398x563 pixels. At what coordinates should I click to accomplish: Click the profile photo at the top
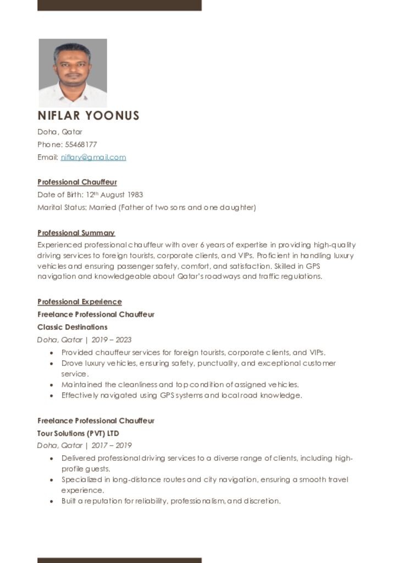(73, 73)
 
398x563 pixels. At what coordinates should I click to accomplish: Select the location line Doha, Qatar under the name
(60, 132)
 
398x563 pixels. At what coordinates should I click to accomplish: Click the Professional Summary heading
(76, 233)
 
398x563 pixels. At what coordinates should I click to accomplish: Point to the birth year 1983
(135, 195)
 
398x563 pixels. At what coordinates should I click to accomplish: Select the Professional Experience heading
(79, 302)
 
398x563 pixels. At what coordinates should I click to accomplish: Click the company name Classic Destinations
(72, 327)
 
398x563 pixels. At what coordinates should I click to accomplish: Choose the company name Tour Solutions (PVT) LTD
(78, 433)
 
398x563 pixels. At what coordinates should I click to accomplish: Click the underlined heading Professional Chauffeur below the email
(77, 182)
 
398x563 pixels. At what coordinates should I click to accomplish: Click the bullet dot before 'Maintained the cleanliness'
(52, 385)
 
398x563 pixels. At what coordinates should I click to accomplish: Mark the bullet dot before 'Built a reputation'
(52, 501)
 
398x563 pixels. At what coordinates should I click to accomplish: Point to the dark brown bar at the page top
(119, 5)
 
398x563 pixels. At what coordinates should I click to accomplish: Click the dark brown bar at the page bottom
(119, 560)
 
